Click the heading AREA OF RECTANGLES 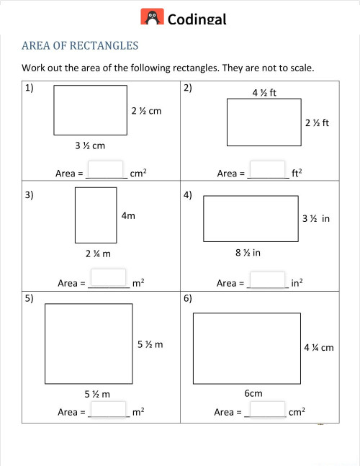(80, 46)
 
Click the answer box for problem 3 (108, 279)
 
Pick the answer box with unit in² (268, 279)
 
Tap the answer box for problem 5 (108, 408)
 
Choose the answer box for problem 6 (266, 408)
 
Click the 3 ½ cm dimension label (90, 145)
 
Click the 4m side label (128, 215)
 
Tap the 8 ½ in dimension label (248, 253)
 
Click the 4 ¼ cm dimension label (319, 348)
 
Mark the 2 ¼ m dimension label (95, 254)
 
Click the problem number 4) (187, 195)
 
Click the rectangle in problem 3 (96, 215)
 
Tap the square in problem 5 (89, 344)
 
